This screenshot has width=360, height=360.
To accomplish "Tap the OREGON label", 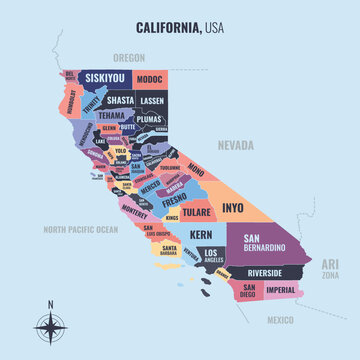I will pos(128,58).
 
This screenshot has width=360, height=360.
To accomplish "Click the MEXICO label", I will pos(282,320).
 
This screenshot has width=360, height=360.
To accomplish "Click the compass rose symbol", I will pos(50,326).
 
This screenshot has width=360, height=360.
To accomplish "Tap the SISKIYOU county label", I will pos(104,77).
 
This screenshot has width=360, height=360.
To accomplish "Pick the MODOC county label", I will pos(149,78).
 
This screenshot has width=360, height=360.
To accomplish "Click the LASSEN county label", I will pos(152,100).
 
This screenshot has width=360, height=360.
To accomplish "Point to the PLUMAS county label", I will pos(149,118).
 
